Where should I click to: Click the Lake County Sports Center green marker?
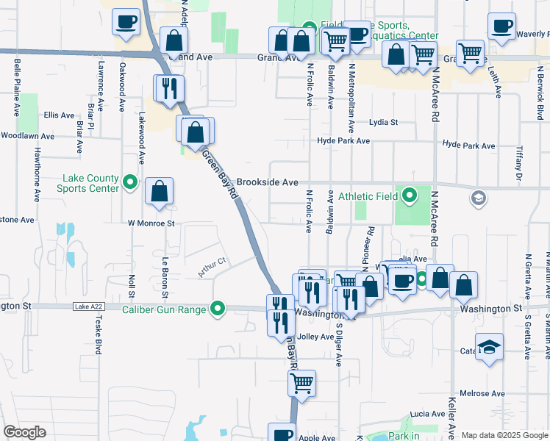[130, 181]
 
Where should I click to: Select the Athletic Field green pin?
[410, 196]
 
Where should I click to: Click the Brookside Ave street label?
[267, 182]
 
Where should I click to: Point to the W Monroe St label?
[151, 222]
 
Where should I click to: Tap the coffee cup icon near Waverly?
[502, 26]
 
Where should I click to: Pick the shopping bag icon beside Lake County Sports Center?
[159, 192]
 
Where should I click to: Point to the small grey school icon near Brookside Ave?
[479, 198]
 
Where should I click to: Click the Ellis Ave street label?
[59, 115]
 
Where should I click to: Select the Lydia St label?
[383, 123]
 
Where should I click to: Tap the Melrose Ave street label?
[482, 394]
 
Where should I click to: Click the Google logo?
[24, 432]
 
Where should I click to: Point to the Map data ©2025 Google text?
[504, 435]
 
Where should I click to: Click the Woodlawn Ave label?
[27, 136]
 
